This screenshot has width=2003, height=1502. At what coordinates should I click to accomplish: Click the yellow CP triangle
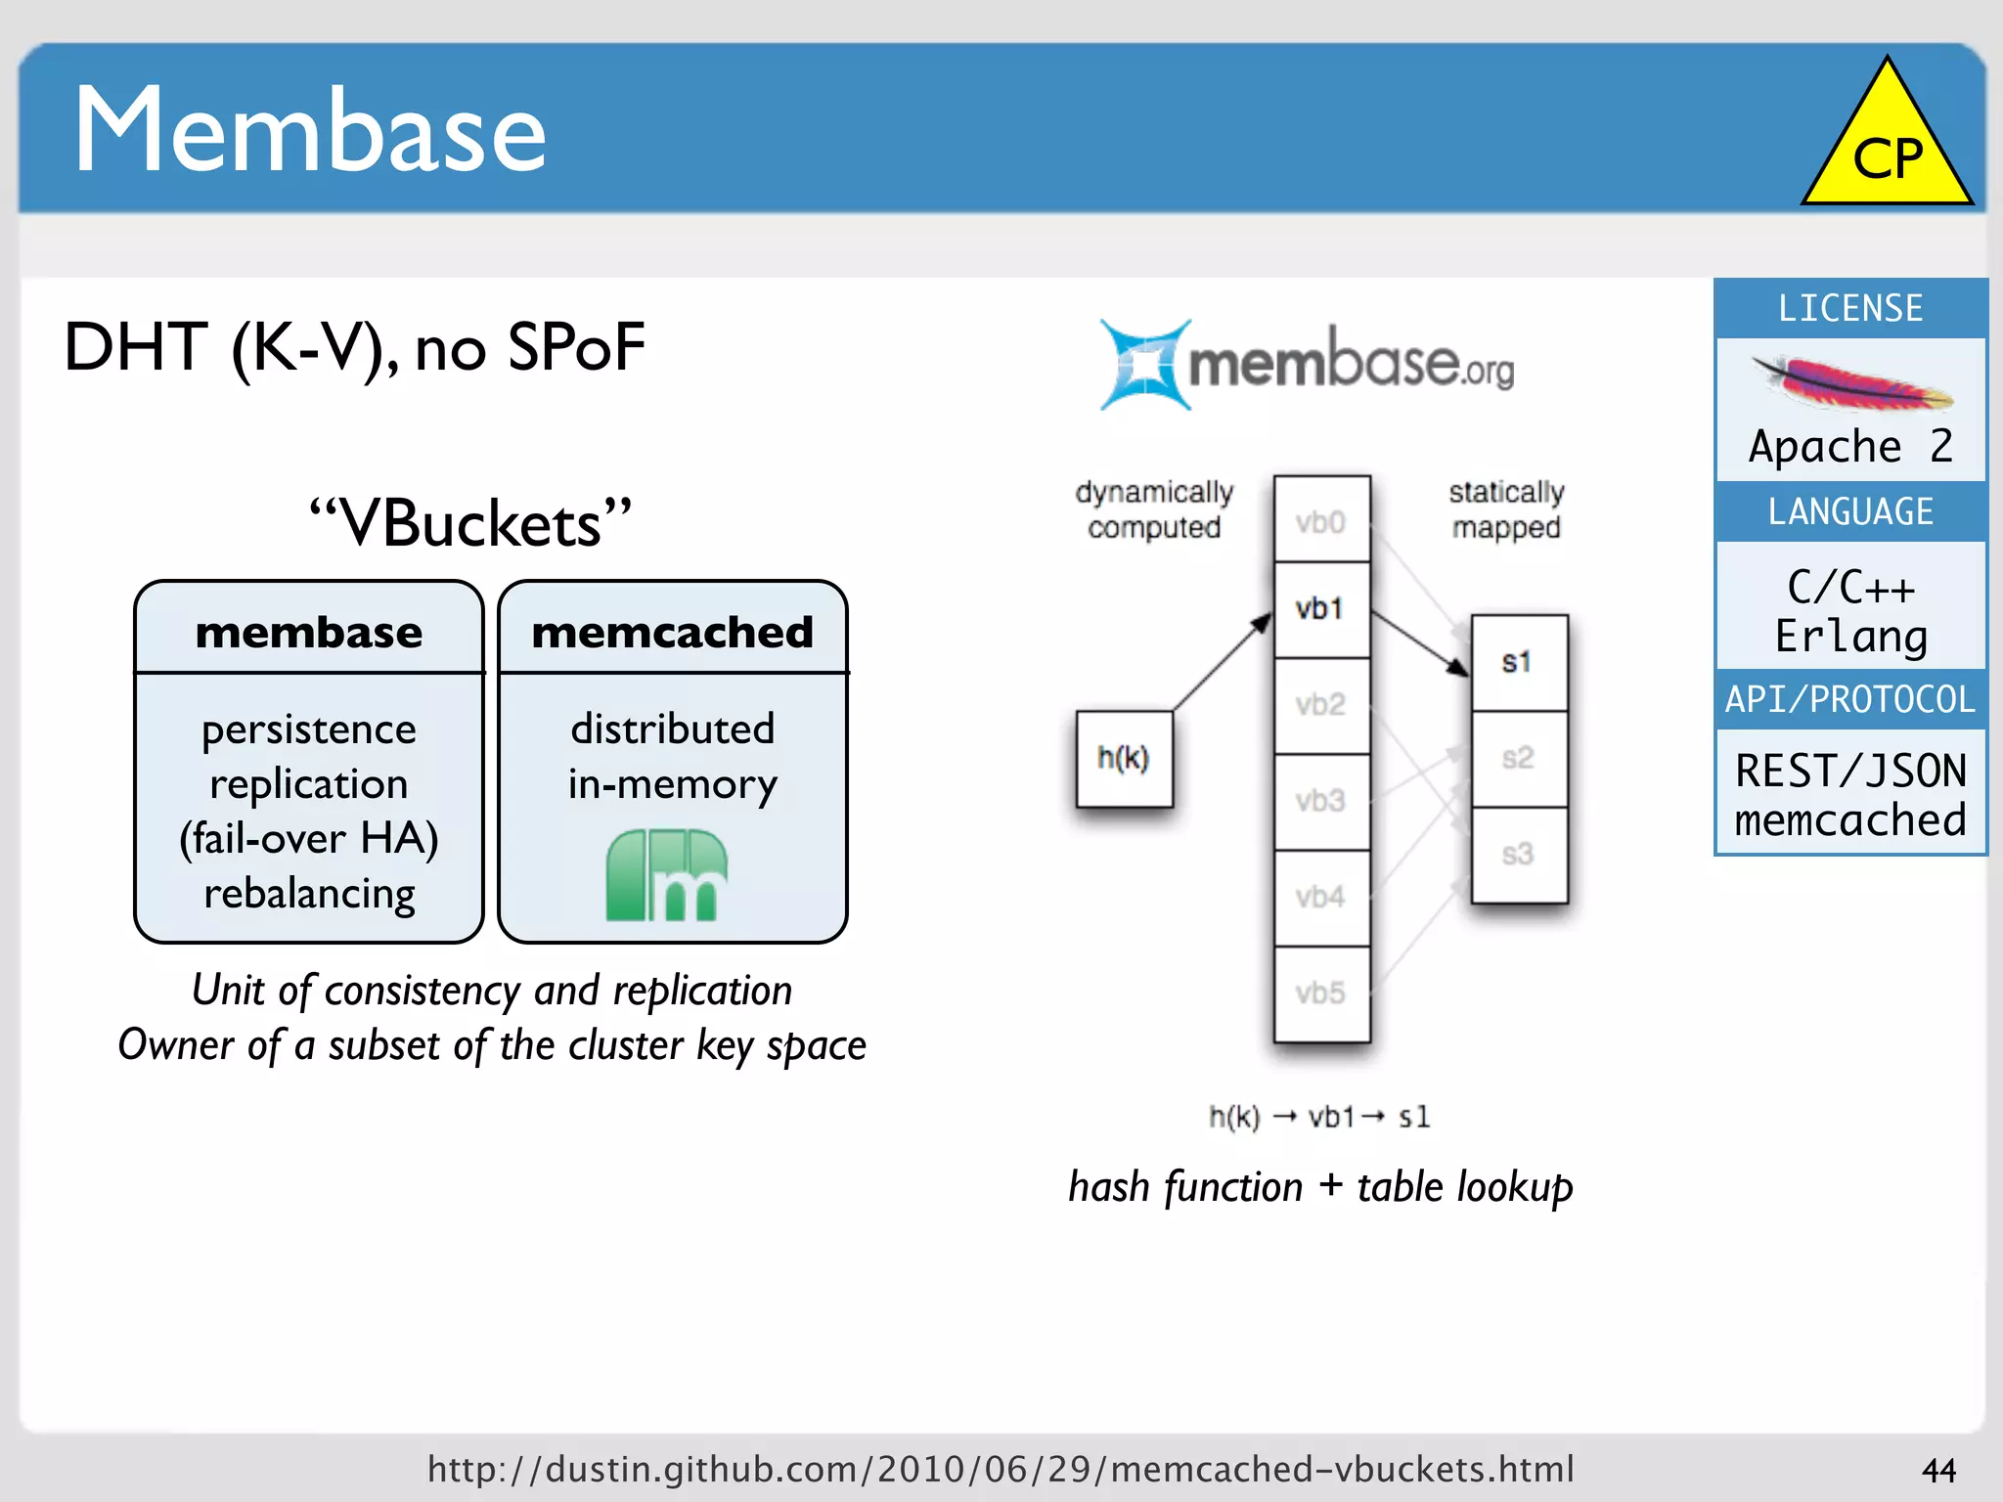[1887, 147]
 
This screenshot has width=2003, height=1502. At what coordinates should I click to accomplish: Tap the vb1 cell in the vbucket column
[1320, 609]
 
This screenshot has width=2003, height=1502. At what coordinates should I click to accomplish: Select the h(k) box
[1124, 759]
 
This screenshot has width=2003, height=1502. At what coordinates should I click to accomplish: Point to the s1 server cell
[1518, 662]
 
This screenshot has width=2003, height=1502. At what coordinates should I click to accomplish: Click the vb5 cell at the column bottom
[1320, 994]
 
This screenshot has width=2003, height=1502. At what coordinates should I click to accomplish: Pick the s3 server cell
[1518, 855]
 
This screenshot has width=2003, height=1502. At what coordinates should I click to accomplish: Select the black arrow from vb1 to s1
[1420, 643]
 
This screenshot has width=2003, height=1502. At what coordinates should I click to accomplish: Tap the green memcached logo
[667, 875]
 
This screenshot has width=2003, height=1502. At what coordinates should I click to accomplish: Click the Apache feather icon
[1851, 385]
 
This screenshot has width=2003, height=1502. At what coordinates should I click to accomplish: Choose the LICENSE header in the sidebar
[1850, 309]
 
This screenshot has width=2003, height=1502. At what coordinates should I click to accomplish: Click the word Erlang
[1850, 637]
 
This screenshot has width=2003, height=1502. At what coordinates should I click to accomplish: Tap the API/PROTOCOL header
[1850, 699]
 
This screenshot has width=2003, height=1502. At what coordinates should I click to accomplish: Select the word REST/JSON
[1850, 771]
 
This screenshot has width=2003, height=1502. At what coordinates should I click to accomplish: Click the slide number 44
[1938, 1470]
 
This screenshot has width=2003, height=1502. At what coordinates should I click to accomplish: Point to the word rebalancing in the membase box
[309, 893]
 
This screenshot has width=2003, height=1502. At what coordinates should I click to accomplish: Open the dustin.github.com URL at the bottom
[1001, 1469]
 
